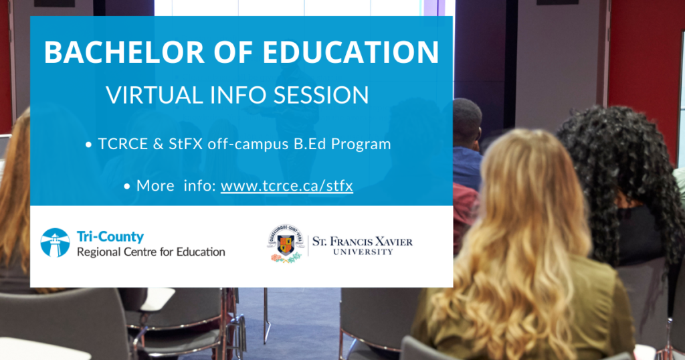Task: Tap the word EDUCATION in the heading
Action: click(351, 52)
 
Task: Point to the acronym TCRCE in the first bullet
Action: click(123, 144)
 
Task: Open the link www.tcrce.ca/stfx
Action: click(286, 185)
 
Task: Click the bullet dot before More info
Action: click(126, 187)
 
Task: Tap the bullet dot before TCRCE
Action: click(89, 145)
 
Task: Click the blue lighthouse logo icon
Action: click(55, 242)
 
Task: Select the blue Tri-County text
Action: click(110, 237)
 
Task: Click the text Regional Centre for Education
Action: click(151, 252)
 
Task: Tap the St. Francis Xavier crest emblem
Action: click(286, 244)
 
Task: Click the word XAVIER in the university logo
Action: click(393, 242)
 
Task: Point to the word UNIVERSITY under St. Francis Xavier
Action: click(363, 252)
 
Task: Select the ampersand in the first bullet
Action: click(159, 144)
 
